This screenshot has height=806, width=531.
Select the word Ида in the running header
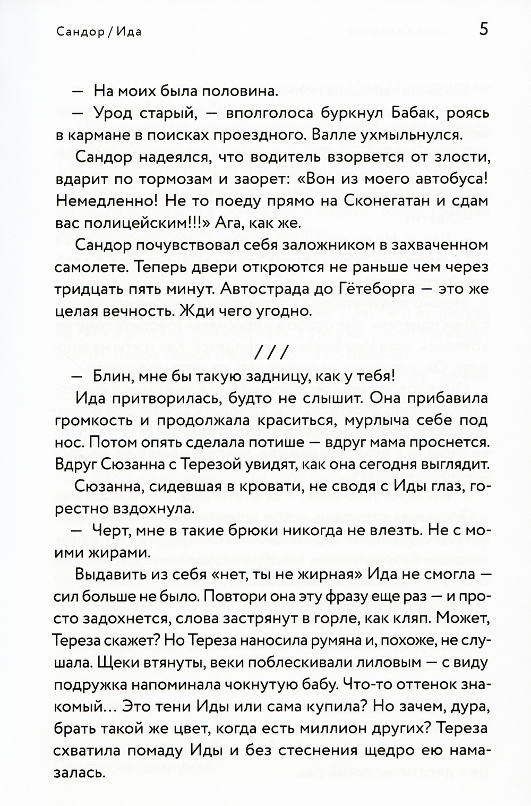click(x=128, y=31)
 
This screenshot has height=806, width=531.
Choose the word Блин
click(x=112, y=376)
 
